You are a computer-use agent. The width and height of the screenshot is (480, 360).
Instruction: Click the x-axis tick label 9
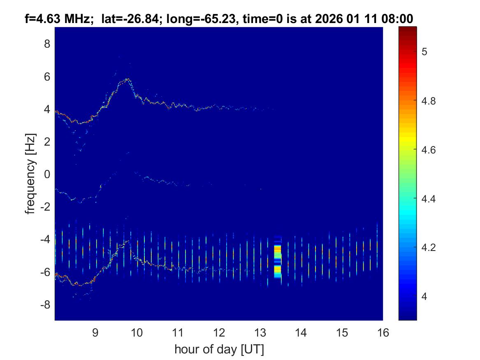tap(95, 332)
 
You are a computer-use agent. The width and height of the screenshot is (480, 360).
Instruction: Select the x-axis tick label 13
tap(260, 332)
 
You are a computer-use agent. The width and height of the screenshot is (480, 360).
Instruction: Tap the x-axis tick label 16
tap(383, 332)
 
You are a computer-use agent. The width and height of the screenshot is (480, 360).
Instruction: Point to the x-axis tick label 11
tap(178, 332)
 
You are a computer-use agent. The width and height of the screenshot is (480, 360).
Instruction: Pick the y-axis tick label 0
tap(47, 174)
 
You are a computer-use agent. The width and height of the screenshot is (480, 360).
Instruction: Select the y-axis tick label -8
tap(45, 304)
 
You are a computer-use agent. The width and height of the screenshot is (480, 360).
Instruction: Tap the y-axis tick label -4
tap(45, 239)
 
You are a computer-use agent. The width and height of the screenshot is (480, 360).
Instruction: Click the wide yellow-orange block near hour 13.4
tap(278, 257)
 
